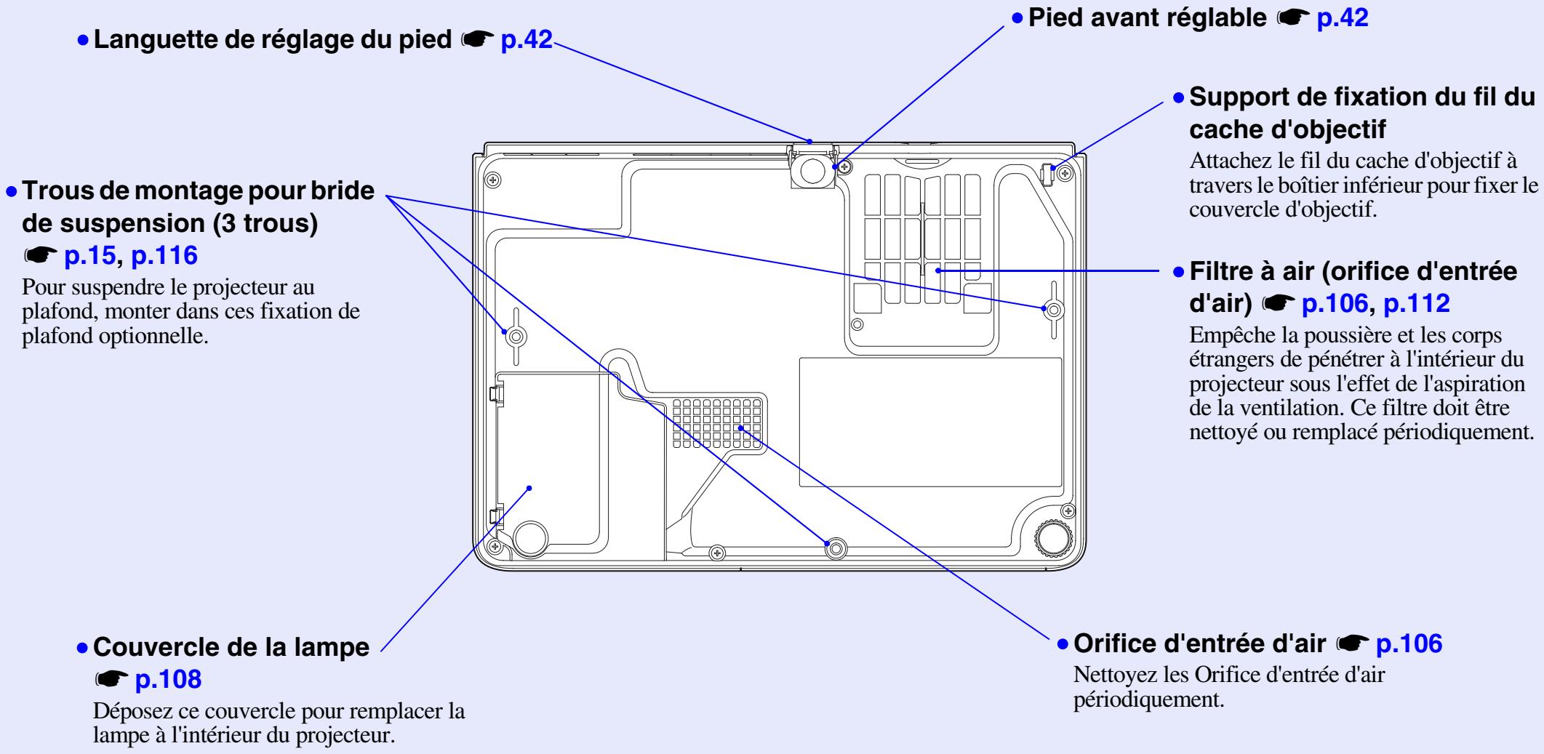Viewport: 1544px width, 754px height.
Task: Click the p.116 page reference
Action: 164,255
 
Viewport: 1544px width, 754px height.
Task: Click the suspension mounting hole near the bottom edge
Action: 834,546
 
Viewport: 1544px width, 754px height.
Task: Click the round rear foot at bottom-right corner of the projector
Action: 1052,537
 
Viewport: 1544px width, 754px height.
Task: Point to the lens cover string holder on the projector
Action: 1049,174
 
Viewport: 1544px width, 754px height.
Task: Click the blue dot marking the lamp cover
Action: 529,488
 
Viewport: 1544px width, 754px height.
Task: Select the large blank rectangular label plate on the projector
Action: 929,422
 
